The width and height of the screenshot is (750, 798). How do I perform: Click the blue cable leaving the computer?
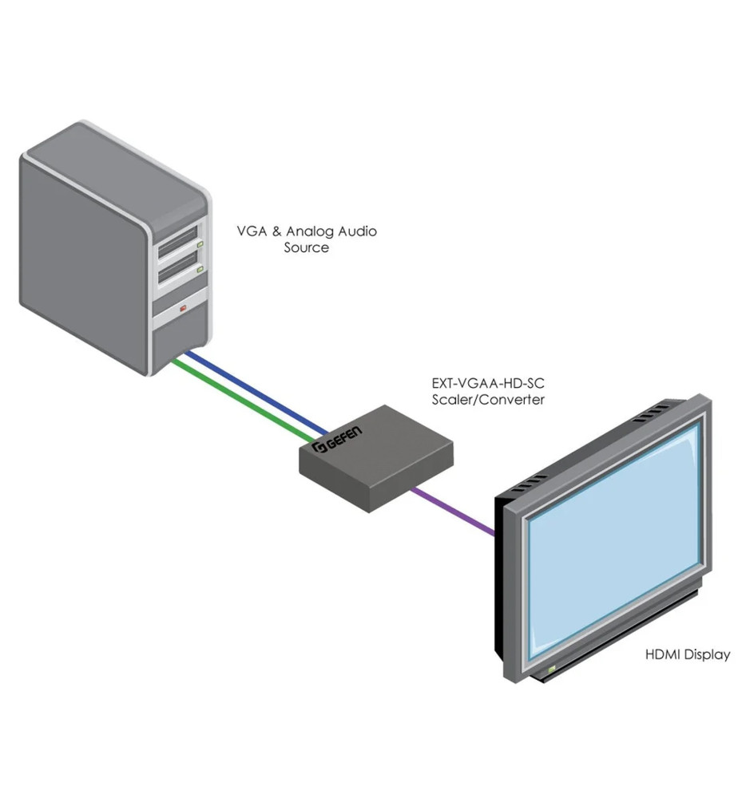pos(256,389)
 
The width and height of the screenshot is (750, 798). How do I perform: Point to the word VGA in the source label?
pos(250,231)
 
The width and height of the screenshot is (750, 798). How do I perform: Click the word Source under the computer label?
pos(307,247)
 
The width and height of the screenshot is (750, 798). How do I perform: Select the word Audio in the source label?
pos(355,231)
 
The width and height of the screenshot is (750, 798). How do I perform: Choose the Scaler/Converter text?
pos(488,399)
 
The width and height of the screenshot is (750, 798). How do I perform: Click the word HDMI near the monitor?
pos(662,655)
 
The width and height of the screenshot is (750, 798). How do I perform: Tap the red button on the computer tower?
pos(184,308)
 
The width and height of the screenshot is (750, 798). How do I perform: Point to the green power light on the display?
pos(550,666)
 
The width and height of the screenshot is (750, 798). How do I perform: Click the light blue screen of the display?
pos(615,543)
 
